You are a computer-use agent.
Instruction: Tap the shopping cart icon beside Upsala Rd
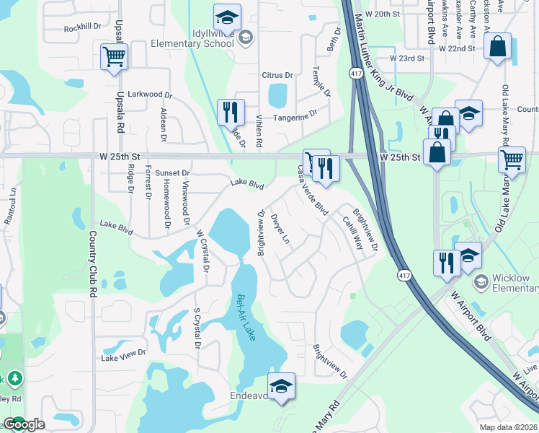(115, 57)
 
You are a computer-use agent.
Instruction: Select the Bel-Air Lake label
(247, 318)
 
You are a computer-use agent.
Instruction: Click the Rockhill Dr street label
(80, 27)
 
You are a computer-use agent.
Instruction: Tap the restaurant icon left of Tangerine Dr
(231, 111)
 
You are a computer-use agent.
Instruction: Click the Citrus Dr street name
(277, 75)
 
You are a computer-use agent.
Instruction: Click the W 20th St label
(383, 14)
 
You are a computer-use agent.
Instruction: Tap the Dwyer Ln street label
(281, 228)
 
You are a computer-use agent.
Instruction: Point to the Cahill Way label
(352, 233)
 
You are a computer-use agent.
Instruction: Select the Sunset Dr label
(172, 173)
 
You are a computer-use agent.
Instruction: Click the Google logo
(24, 424)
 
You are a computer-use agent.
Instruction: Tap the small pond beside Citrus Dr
(277, 95)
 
